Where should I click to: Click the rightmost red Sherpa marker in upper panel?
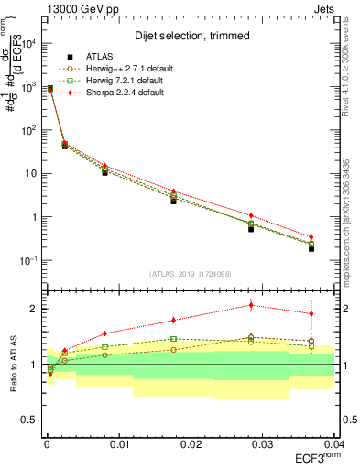tap(311, 237)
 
